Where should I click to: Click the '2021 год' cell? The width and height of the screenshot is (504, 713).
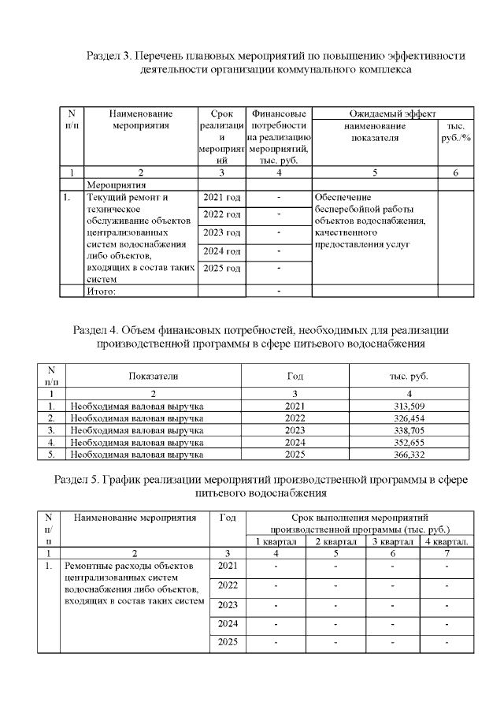[221, 196]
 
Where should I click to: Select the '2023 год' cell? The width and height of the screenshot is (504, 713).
[221, 232]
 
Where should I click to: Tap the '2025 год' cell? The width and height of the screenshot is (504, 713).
[221, 269]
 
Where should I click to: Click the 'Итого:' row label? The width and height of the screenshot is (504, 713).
[102, 291]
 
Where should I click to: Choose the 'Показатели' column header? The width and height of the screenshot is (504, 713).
[154, 376]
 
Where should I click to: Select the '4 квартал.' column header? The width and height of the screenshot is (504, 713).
[447, 541]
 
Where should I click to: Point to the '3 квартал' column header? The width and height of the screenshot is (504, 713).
[391, 541]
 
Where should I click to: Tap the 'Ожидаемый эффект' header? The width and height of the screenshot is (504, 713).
[392, 114]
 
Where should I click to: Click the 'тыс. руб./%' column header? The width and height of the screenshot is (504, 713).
[455, 132]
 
